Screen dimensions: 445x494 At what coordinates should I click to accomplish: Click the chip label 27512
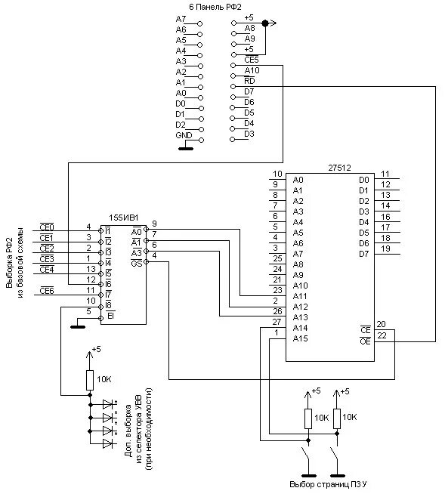339,168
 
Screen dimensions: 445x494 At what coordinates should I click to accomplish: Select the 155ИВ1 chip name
124,218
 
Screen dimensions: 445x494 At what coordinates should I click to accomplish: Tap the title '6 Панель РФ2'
215,7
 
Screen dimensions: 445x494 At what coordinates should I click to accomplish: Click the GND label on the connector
184,135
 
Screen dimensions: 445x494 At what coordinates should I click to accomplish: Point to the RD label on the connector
249,81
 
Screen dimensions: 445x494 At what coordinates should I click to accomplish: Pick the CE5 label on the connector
251,60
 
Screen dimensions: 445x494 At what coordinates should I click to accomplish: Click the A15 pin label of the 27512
300,338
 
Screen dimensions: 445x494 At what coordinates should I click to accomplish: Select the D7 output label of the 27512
363,254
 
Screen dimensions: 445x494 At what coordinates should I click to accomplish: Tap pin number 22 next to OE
382,335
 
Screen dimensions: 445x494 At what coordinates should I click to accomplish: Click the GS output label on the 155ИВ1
137,263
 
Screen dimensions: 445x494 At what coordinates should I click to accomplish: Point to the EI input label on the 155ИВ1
110,316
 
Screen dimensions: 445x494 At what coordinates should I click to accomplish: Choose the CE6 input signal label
47,291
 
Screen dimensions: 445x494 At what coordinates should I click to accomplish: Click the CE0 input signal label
47,227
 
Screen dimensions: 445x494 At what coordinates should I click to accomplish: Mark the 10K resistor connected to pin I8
90,380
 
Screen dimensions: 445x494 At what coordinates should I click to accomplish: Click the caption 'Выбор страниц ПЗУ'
328,484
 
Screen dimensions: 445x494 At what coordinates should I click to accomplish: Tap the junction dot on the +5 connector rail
265,23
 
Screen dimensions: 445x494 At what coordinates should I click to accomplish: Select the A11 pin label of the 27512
300,296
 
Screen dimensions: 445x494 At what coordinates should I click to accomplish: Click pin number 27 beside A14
277,322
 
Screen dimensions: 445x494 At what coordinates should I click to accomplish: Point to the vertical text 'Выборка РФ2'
9,262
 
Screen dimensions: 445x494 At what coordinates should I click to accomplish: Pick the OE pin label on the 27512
365,341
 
